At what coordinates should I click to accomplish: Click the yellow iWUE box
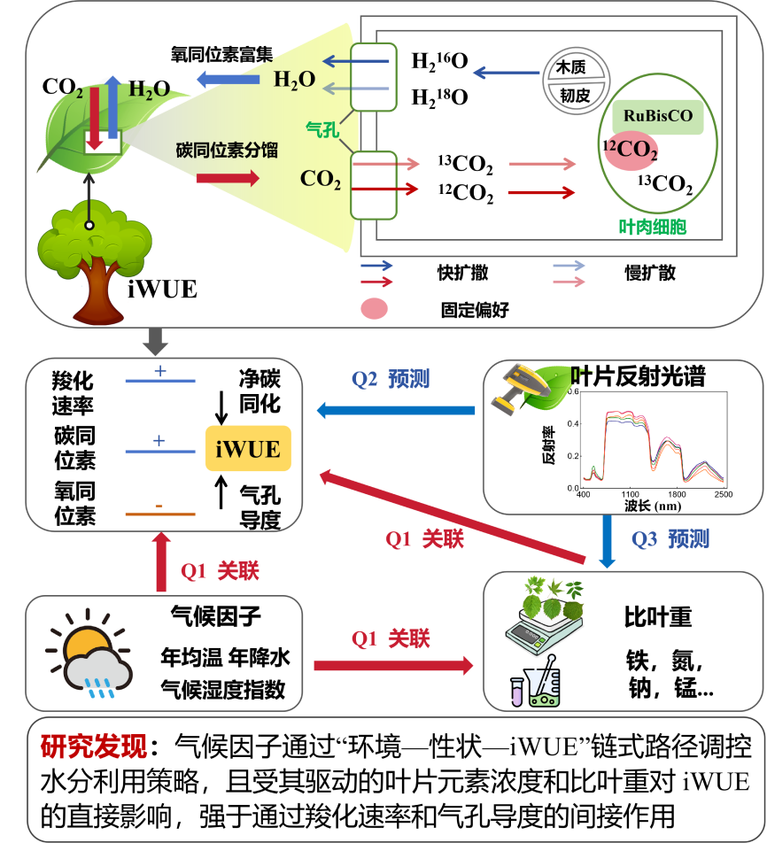[x=248, y=449]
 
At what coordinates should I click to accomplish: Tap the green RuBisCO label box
[x=657, y=116]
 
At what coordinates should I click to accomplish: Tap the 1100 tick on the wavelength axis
[x=630, y=494]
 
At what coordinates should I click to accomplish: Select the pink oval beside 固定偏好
[x=376, y=309]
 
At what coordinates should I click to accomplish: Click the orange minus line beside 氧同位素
[x=159, y=514]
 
